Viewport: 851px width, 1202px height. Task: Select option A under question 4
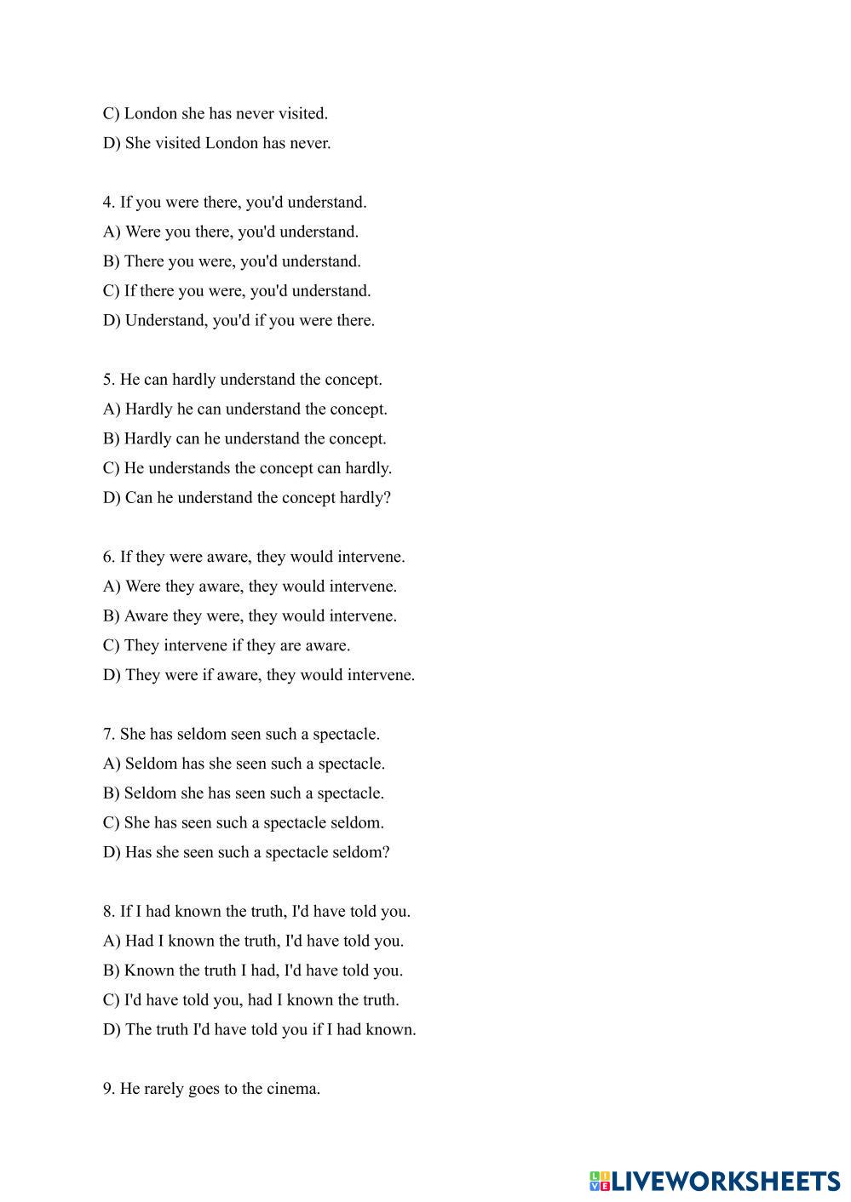(231, 232)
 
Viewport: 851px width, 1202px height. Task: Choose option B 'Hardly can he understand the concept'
(244, 438)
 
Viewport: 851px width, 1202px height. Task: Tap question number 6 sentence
(254, 557)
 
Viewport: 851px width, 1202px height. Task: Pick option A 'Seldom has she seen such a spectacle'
(244, 764)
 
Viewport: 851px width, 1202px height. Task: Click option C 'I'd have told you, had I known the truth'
(250, 999)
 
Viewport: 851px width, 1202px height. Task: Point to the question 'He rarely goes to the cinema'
(211, 1088)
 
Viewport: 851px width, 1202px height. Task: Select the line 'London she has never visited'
(215, 113)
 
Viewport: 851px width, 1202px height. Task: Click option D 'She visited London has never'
(216, 143)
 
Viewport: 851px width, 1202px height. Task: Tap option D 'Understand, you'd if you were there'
(239, 320)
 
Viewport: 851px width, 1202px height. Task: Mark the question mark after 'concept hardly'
(388, 498)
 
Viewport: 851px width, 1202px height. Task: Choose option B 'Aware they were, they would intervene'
(250, 615)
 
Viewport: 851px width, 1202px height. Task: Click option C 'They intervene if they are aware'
(227, 645)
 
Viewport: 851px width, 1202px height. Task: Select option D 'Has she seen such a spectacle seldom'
(246, 852)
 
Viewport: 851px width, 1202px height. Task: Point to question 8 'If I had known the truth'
(256, 911)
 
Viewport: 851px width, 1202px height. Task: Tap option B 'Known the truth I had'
(253, 970)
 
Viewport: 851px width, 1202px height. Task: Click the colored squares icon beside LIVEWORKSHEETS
(600, 1181)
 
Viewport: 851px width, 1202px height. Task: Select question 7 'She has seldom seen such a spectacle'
(241, 734)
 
